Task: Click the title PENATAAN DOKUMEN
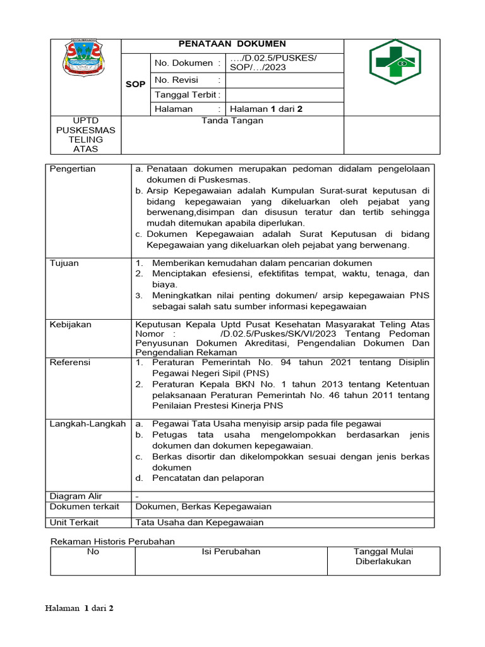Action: coord(232,44)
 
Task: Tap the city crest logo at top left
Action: coord(85,61)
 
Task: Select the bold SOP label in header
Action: coord(135,84)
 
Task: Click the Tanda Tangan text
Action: coord(232,121)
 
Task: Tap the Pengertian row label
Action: coord(73,169)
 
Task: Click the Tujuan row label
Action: coord(64,263)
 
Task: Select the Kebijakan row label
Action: coord(71,324)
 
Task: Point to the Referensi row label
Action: coord(70,362)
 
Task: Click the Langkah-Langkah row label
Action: coord(88,423)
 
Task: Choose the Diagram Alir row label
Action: coord(76,496)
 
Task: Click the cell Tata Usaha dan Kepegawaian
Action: coord(200,522)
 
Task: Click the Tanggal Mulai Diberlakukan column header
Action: coord(383,556)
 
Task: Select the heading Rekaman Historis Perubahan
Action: coord(112,541)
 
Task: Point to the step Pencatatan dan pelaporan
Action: coord(208,478)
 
